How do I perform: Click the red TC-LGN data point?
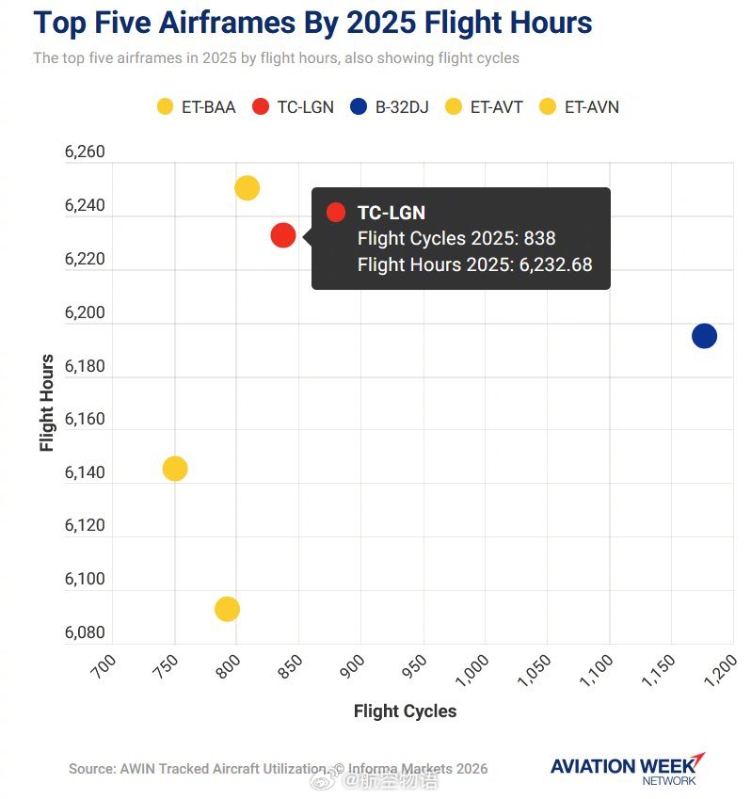(x=283, y=235)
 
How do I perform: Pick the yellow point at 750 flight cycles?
(x=175, y=469)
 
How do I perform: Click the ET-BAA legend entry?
(x=196, y=106)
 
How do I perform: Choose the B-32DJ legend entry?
(x=389, y=106)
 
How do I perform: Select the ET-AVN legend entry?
(x=579, y=106)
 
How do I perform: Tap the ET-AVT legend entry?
(x=484, y=106)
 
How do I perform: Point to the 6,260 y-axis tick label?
(x=85, y=152)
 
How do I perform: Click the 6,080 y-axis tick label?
(x=85, y=632)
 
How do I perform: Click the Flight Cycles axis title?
(x=405, y=711)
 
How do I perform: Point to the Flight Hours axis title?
(x=48, y=403)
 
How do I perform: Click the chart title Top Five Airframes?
(x=312, y=23)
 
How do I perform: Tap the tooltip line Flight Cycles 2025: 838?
(x=456, y=239)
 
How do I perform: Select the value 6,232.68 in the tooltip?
(x=556, y=264)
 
